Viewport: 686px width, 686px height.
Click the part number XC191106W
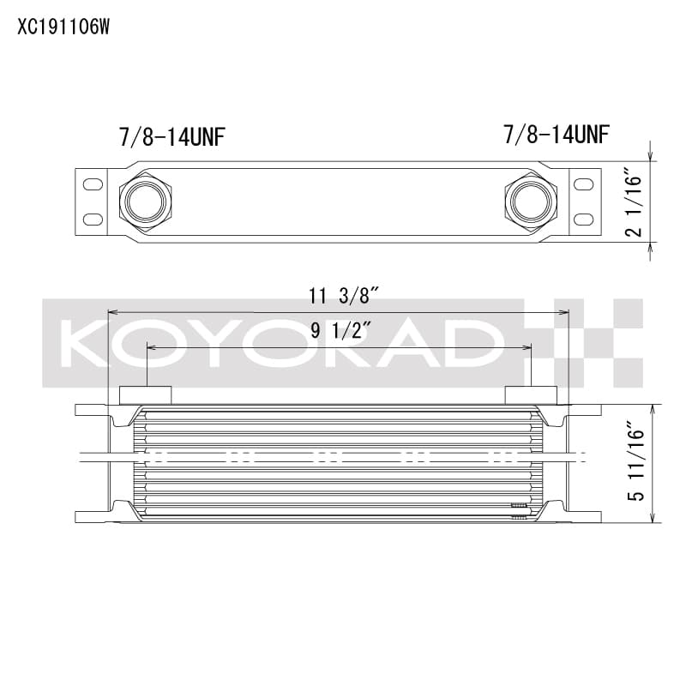pos(64,27)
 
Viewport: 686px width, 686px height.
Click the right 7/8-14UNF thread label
pos(557,135)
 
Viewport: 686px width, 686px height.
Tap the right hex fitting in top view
pos(531,202)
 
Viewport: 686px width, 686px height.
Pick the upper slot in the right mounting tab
pos(581,184)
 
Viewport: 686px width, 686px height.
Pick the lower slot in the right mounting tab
pos(581,220)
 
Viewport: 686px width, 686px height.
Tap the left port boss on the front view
pos(145,394)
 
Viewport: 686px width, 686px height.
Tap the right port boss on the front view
pos(531,394)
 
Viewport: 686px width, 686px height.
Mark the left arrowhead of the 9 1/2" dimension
pos(151,346)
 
